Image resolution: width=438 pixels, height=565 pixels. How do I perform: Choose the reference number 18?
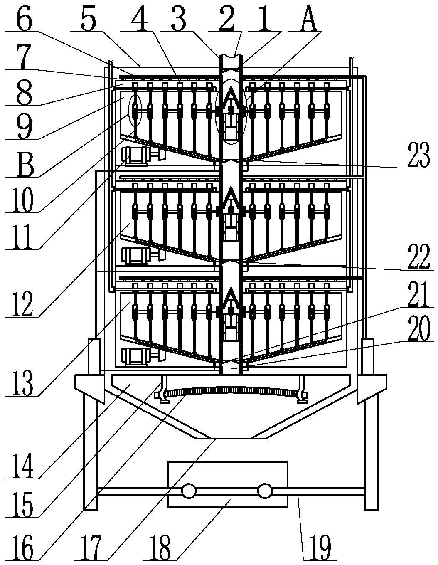pos(160,548)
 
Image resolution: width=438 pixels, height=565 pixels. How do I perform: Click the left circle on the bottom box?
pos(188,491)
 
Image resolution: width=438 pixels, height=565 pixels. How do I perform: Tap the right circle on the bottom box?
pos(264,491)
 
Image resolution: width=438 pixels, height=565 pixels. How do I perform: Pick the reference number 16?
pos(22,548)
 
